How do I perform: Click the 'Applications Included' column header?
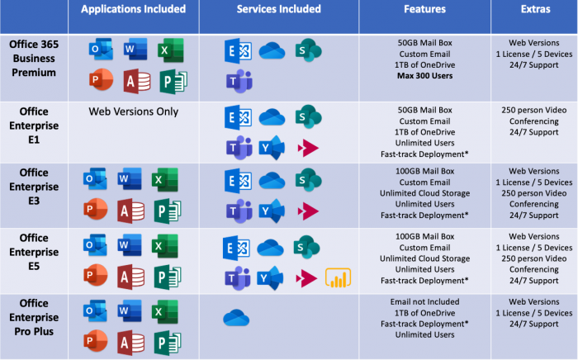[132, 10]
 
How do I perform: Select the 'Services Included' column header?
[278, 10]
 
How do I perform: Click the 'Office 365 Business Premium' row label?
[33, 58]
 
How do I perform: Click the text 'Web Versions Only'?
[132, 112]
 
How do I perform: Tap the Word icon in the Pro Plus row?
[130, 311]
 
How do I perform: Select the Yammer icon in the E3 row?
[272, 211]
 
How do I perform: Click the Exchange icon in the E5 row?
[237, 246]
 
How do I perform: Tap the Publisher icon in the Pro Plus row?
[168, 341]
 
